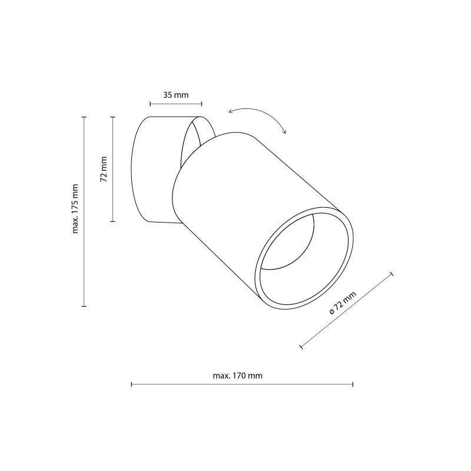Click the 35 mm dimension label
(175, 95)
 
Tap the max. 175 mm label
(75, 209)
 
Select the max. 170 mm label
(238, 376)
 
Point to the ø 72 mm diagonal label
(343, 303)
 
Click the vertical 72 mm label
(104, 169)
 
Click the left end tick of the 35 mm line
(150, 104)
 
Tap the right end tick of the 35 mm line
(201, 104)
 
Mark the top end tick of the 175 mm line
(84, 117)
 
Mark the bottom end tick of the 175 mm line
(84, 306)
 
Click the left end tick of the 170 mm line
(131, 384)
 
